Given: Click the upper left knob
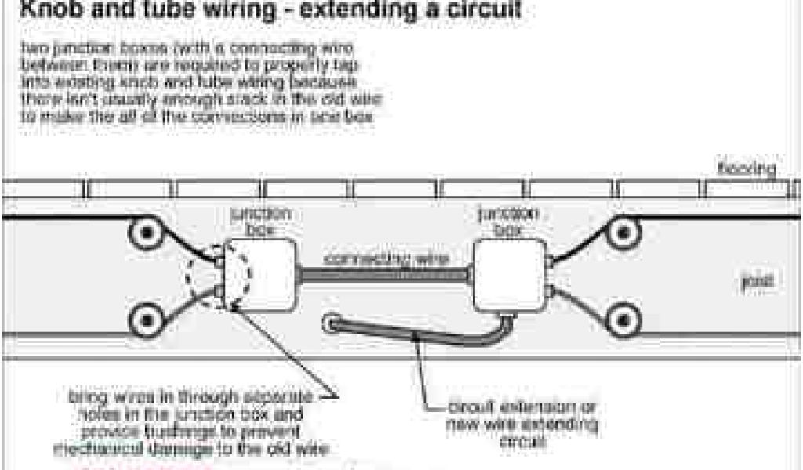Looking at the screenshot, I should [x=145, y=233].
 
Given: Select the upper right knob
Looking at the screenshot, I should [x=622, y=233].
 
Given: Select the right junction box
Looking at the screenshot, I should [x=510, y=274].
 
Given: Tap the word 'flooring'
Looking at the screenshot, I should [x=747, y=168].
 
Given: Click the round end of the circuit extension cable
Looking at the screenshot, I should [x=333, y=321].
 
